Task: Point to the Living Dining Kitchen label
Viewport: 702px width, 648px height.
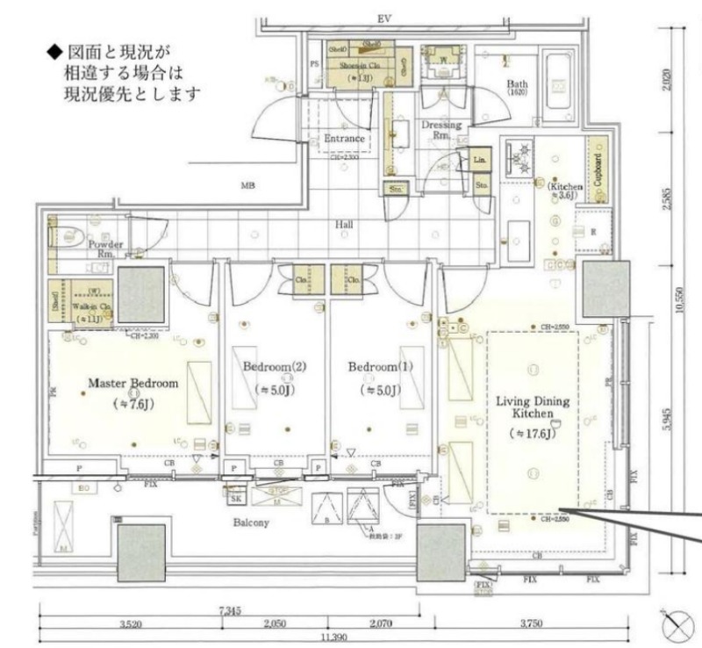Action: pyautogui.click(x=533, y=408)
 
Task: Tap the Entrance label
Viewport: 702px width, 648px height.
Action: pyautogui.click(x=344, y=139)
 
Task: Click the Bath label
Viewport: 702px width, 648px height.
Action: pyautogui.click(x=517, y=84)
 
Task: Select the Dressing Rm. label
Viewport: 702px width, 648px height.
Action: pyautogui.click(x=441, y=130)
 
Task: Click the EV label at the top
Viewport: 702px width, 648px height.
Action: pyautogui.click(x=383, y=17)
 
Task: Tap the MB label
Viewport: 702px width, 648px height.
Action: pyautogui.click(x=250, y=186)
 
